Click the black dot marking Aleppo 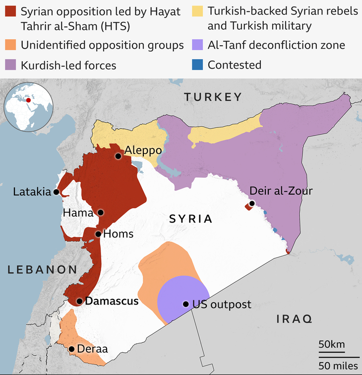(118, 156)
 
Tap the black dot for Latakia (57, 192)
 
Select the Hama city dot (101, 213)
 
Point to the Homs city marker (98, 234)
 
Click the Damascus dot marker (79, 301)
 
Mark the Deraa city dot (72, 349)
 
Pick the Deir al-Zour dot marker (252, 203)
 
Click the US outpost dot (185, 304)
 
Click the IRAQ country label (294, 319)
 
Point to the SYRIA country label (190, 219)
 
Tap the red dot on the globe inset (28, 100)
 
